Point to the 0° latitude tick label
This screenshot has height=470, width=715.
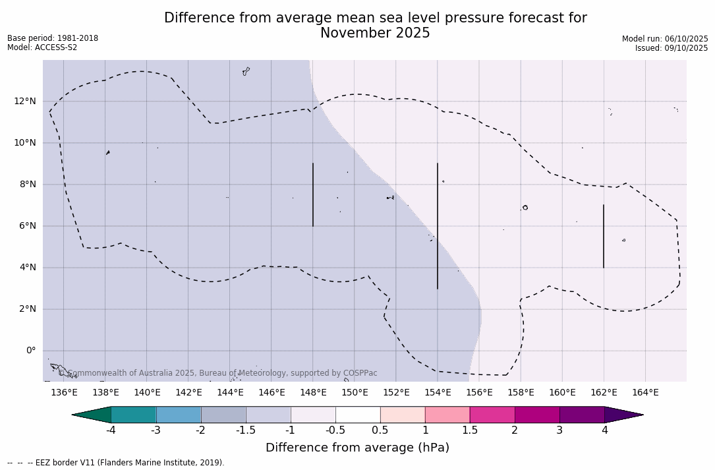(30, 351)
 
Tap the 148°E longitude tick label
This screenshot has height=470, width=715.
(313, 393)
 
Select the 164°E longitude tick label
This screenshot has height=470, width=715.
(645, 393)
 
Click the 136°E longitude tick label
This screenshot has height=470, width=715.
(64, 393)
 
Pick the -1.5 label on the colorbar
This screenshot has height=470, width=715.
(246, 430)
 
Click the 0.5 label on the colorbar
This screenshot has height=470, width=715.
(380, 430)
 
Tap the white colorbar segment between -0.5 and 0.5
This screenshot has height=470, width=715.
(358, 415)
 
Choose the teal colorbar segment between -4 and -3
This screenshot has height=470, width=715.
(134, 415)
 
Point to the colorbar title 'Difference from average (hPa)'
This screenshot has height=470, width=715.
(357, 448)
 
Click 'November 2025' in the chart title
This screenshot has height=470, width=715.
(375, 34)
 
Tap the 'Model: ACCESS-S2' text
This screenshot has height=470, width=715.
(42, 47)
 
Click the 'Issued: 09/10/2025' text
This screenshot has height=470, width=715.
(671, 48)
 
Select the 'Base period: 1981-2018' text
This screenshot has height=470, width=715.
(53, 38)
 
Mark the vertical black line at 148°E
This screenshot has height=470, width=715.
(313, 195)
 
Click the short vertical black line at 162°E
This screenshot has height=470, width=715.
(603, 236)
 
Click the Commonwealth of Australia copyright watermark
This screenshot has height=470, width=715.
(218, 373)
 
